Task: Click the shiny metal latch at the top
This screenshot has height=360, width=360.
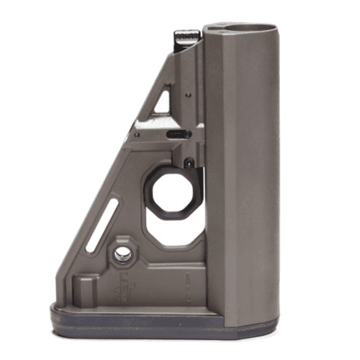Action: [x=187, y=38]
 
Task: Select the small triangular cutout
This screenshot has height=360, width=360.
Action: [x=163, y=101]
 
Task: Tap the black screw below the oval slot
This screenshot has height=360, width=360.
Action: [x=190, y=162]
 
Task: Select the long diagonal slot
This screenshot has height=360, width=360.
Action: [x=102, y=224]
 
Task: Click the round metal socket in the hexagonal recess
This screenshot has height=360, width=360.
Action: [x=123, y=255]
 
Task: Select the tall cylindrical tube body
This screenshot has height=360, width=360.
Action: [x=242, y=169]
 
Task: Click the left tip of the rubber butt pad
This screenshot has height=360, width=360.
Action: [x=53, y=313]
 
